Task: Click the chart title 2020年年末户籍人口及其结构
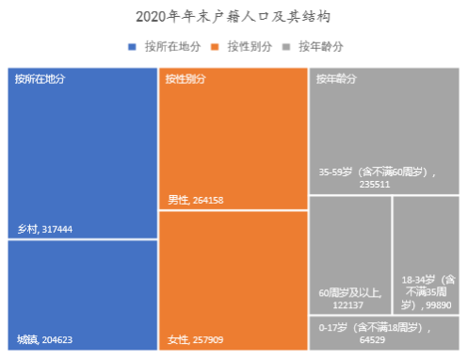point(233,16)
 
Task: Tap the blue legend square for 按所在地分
point(132,47)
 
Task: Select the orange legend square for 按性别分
point(215,47)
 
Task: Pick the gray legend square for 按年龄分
point(286,47)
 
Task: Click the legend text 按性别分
point(250,47)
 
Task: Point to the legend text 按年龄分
point(321,47)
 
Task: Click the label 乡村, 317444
point(45,229)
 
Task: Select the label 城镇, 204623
point(44,339)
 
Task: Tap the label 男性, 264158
point(196,200)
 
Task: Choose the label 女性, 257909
point(195,339)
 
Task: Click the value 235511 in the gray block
point(375,185)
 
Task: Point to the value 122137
point(348,305)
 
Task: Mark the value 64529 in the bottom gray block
point(372,340)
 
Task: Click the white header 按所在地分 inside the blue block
point(40,79)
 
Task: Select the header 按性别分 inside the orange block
point(186,79)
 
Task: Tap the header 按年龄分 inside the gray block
point(336,79)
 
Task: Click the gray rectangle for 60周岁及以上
point(350,255)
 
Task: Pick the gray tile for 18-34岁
point(426,255)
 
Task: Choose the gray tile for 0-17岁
point(384,333)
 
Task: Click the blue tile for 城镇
point(83,295)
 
